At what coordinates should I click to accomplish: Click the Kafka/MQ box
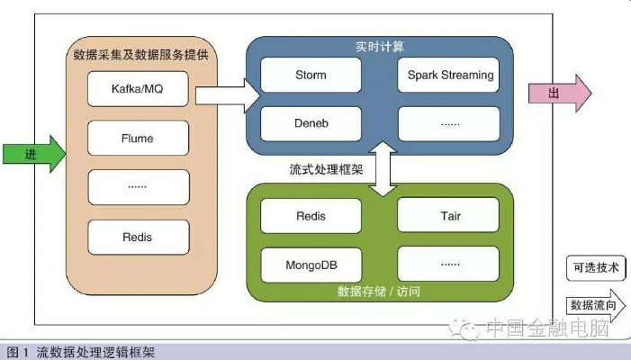tap(139, 90)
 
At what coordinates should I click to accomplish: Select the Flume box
tap(139, 139)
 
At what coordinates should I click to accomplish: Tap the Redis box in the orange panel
tap(139, 238)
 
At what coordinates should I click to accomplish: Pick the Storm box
tap(311, 75)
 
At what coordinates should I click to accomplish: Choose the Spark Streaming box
tap(449, 75)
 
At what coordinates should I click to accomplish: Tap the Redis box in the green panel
tap(311, 216)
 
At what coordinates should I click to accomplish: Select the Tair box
tap(449, 216)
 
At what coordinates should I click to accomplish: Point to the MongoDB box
tap(311, 265)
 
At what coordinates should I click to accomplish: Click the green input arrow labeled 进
tap(32, 154)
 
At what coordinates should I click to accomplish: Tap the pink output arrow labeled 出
tap(558, 93)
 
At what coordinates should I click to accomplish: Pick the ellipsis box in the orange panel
tap(139, 187)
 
